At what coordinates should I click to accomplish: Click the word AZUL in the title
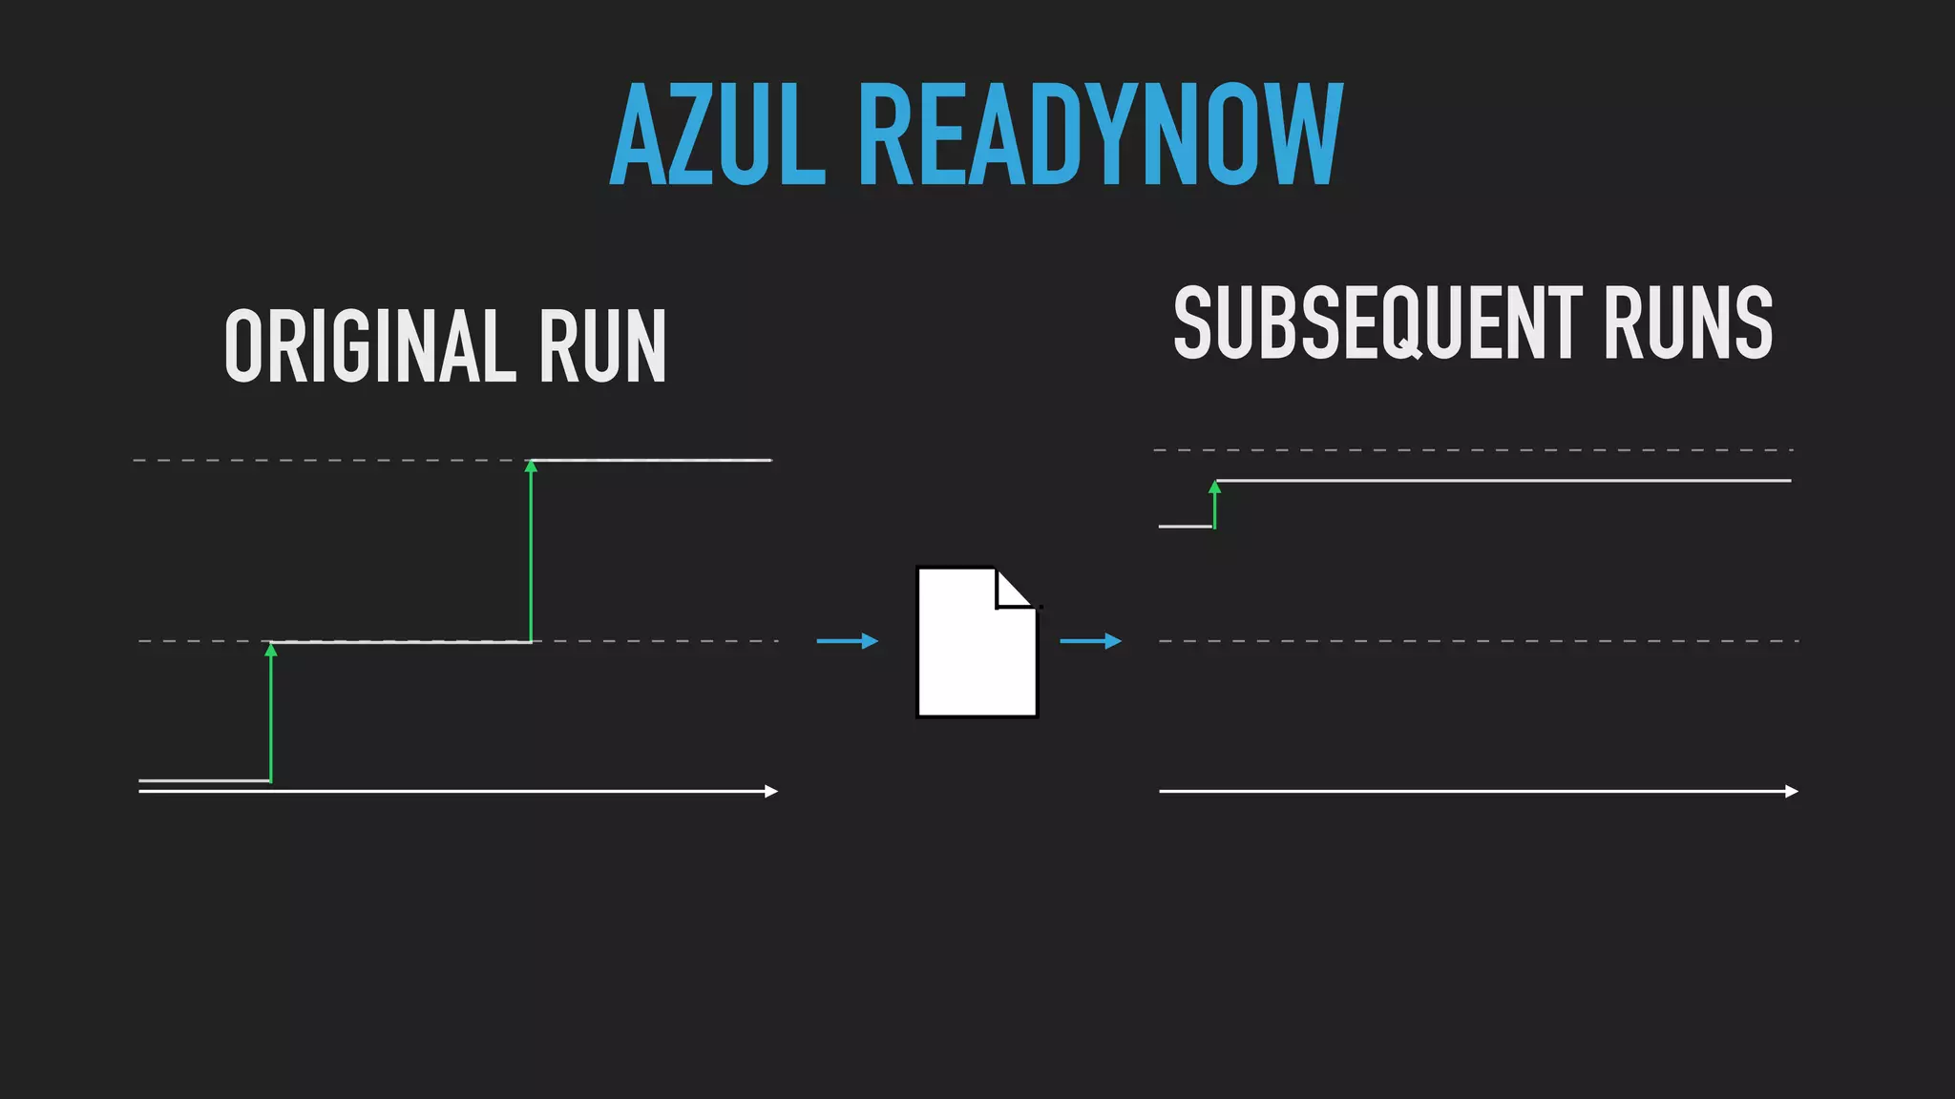pyautogui.click(x=716, y=135)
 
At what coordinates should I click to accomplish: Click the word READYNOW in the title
pyautogui.click(x=1101, y=135)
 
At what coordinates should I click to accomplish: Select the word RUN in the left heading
pyautogui.click(x=602, y=346)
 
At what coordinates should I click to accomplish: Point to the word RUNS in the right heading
pyautogui.click(x=1687, y=323)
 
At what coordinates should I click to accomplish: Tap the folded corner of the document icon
pyautogui.click(x=1015, y=589)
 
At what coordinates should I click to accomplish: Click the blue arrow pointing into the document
pyautogui.click(x=847, y=641)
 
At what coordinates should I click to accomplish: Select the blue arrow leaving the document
pyautogui.click(x=1090, y=641)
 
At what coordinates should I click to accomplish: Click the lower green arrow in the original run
pyautogui.click(x=271, y=715)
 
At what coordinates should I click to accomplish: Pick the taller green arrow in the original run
pyautogui.click(x=531, y=553)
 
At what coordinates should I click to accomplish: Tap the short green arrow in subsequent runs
pyautogui.click(x=1214, y=506)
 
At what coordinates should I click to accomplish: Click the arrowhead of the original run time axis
pyautogui.click(x=771, y=791)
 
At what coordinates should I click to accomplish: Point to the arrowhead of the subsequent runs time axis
pyautogui.click(x=1792, y=791)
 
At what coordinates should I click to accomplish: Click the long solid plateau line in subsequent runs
pyautogui.click(x=1503, y=481)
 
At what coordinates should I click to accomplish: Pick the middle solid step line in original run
pyautogui.click(x=401, y=642)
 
